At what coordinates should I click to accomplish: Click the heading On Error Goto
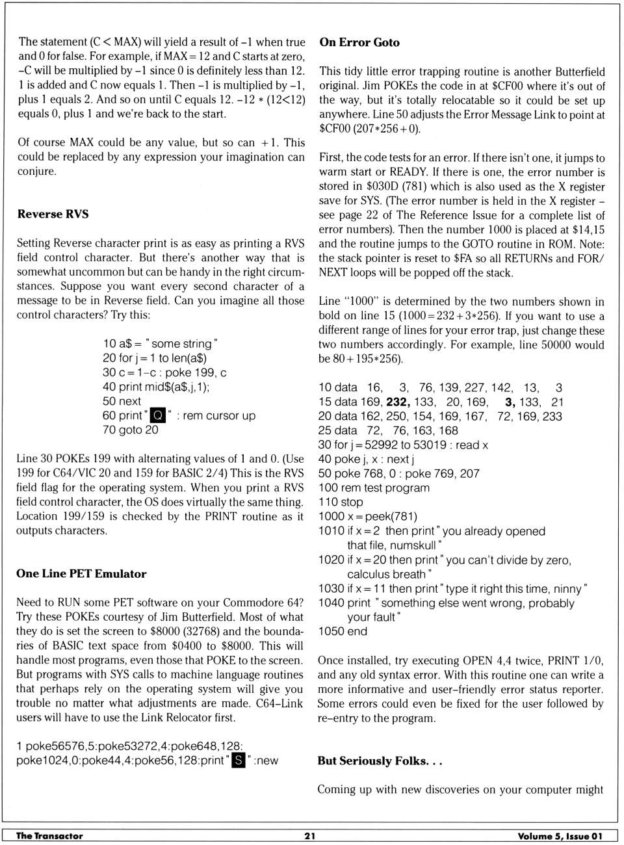[359, 42]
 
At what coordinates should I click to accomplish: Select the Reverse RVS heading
[53, 214]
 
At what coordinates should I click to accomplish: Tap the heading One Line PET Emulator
[81, 573]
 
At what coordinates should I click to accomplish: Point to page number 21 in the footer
[310, 836]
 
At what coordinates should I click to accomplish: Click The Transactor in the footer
[49, 836]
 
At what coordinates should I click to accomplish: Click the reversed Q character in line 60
[158, 415]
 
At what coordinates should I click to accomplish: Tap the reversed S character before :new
[239, 760]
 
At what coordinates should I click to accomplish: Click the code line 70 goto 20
[131, 430]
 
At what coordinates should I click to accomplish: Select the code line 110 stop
[341, 502]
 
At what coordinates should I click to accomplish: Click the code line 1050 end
[343, 631]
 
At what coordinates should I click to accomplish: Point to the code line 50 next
[122, 401]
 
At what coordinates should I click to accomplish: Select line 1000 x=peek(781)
[367, 516]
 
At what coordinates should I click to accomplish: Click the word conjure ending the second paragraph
[37, 171]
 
